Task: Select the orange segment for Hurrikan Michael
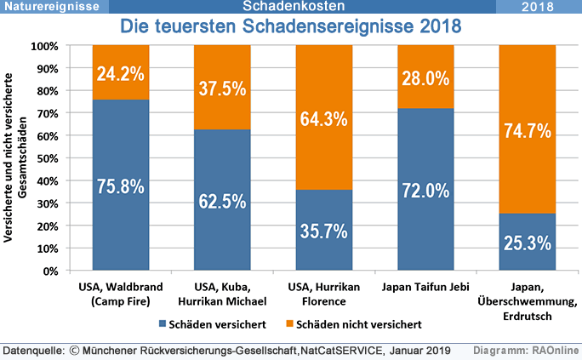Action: [222, 87]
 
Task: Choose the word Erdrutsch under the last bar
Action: [528, 315]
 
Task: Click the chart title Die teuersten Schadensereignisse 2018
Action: [290, 27]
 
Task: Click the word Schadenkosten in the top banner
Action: [289, 7]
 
